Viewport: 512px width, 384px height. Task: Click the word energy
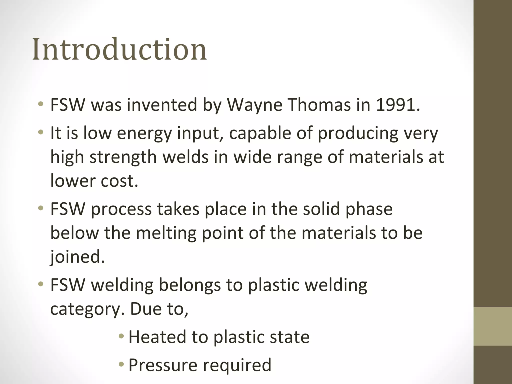[144, 133]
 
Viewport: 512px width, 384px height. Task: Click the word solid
[321, 209]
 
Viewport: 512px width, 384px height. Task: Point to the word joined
[77, 257]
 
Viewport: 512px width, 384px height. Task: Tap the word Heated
[157, 337]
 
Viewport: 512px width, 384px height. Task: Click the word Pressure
[163, 365]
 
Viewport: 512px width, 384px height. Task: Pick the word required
[237, 365]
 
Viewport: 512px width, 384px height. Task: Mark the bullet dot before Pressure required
[121, 365]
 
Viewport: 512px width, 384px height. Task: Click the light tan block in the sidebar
[493, 326]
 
